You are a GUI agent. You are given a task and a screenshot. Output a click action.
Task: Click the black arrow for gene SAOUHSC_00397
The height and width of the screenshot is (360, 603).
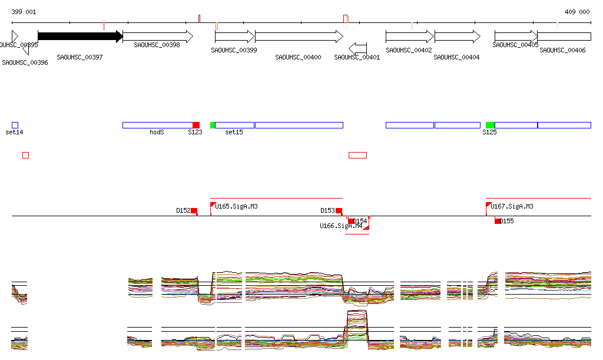tap(79, 37)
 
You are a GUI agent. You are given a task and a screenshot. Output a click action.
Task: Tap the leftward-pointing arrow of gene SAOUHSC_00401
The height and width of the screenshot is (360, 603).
tap(357, 47)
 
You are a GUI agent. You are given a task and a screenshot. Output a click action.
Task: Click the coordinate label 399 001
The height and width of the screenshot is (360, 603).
tap(24, 12)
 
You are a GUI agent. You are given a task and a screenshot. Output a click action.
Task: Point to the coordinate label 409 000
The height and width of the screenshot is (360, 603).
tap(577, 12)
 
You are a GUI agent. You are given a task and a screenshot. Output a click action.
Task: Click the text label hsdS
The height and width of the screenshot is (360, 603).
tap(157, 133)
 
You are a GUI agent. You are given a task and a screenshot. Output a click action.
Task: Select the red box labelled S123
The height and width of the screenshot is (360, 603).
tap(196, 125)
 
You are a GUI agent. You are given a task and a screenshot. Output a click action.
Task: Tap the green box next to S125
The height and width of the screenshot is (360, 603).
tap(490, 125)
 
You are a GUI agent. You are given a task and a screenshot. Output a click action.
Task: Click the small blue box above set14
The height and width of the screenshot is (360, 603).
tap(15, 125)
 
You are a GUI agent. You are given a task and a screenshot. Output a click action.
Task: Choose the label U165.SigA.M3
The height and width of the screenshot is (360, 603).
tap(236, 207)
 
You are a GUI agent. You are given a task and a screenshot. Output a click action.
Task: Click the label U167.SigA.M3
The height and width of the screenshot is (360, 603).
tap(512, 207)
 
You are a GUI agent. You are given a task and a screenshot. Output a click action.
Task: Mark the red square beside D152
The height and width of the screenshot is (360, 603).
tap(194, 210)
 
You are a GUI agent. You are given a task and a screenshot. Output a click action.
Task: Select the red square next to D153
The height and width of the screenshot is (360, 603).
tap(339, 210)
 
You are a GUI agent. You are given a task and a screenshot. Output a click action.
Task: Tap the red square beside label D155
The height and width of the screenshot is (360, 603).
tap(498, 221)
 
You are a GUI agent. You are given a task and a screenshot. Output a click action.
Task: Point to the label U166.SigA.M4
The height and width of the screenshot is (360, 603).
tap(341, 226)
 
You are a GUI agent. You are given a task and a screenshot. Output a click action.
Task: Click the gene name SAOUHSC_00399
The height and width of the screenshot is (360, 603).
tap(234, 50)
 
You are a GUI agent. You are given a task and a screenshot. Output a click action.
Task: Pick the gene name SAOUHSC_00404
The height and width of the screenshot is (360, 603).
tap(456, 57)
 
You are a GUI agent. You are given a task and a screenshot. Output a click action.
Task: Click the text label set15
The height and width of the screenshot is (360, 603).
tap(234, 133)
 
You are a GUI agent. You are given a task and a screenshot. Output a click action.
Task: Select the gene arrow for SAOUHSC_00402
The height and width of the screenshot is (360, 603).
tap(409, 37)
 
